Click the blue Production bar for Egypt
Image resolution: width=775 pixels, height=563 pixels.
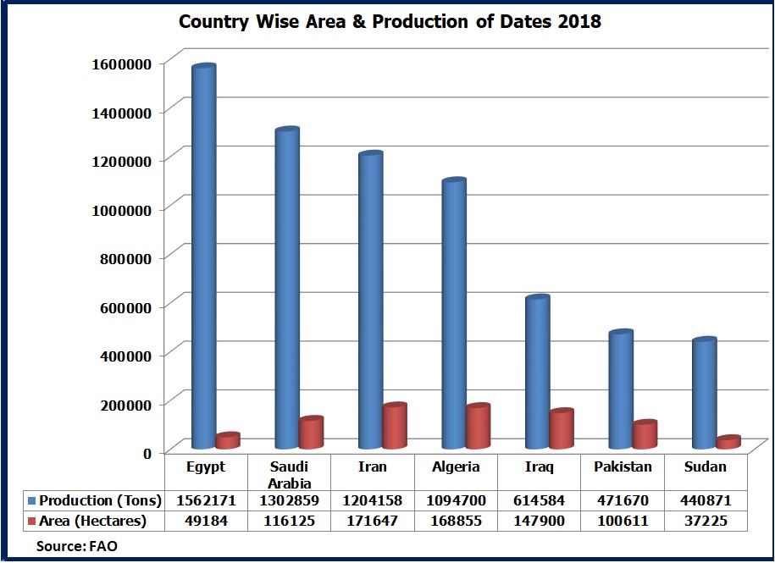click(x=203, y=254)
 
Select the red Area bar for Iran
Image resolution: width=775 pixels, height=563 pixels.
click(x=395, y=427)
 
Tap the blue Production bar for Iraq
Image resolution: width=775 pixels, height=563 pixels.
click(x=537, y=373)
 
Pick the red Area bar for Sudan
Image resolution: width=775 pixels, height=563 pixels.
click(x=728, y=443)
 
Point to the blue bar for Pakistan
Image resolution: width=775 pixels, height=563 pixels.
click(x=621, y=389)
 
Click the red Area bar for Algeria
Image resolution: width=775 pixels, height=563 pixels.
click(x=478, y=427)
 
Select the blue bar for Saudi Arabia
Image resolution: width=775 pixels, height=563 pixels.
click(x=287, y=288)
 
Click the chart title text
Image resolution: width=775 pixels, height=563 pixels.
click(x=390, y=22)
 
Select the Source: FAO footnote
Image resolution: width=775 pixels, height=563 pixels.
click(x=76, y=546)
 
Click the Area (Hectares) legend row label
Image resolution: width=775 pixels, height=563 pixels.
click(x=93, y=521)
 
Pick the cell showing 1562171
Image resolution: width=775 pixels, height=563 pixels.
click(x=204, y=500)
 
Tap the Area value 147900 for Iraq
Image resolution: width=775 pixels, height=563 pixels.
click(x=539, y=521)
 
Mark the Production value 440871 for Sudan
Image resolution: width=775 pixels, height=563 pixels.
click(x=705, y=500)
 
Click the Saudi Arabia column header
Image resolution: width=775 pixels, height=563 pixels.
click(x=288, y=473)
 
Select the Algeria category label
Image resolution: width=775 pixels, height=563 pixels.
click(x=456, y=466)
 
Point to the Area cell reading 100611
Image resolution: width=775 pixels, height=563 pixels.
click(x=622, y=521)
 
